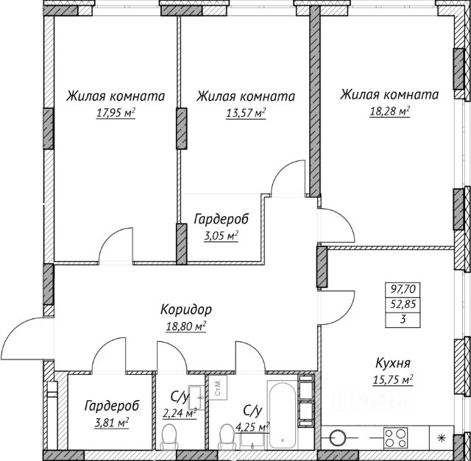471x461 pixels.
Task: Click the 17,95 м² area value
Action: click(116, 113)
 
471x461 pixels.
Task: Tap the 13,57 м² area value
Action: click(246, 113)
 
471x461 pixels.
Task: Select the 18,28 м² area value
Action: click(390, 112)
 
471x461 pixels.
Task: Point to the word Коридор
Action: click(186, 310)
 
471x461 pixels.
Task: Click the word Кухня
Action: click(393, 363)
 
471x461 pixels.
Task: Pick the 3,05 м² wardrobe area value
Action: click(221, 236)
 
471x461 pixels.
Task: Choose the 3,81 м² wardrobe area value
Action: click(111, 423)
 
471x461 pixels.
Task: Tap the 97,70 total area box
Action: click(403, 290)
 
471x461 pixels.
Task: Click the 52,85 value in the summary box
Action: click(403, 304)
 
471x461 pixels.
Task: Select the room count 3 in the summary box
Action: click(403, 319)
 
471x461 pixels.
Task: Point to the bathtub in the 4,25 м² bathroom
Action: click(283, 415)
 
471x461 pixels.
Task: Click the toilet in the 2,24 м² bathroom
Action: click(169, 436)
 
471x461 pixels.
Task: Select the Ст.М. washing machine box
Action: click(218, 387)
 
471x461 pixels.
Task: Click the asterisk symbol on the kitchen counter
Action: click(442, 438)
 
